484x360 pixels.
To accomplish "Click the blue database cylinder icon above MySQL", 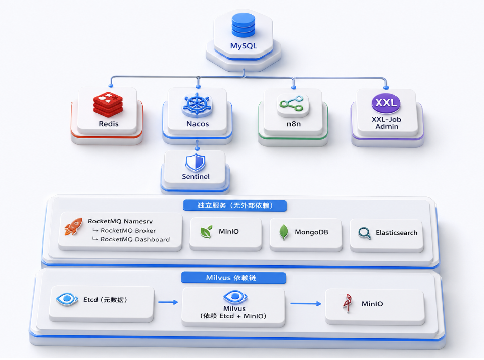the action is pos(244,25).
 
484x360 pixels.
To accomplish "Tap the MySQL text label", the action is pos(244,46).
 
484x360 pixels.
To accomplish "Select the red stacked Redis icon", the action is pos(108,105).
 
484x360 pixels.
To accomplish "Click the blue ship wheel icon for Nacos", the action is pos(197,105).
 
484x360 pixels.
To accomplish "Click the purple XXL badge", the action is pos(386,103).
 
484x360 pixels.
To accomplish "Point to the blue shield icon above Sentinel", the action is pos(196,163).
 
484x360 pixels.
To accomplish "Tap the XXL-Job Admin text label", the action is pos(386,123).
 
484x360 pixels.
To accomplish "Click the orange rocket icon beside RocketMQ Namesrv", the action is pos(73,226).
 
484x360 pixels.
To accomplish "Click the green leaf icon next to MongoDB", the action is pos(283,232).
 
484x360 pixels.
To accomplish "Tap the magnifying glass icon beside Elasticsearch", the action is pos(365,233).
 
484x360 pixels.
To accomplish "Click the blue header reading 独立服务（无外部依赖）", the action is pos(235,205).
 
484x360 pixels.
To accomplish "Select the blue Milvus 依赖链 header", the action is pos(234,278).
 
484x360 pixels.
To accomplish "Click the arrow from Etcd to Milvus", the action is pos(168,302).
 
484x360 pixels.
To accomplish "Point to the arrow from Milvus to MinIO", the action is pos(306,304).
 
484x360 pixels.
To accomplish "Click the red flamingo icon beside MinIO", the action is pos(348,303).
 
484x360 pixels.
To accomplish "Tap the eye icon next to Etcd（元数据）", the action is pos(67,299).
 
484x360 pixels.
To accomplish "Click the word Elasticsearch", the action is pos(397,233).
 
